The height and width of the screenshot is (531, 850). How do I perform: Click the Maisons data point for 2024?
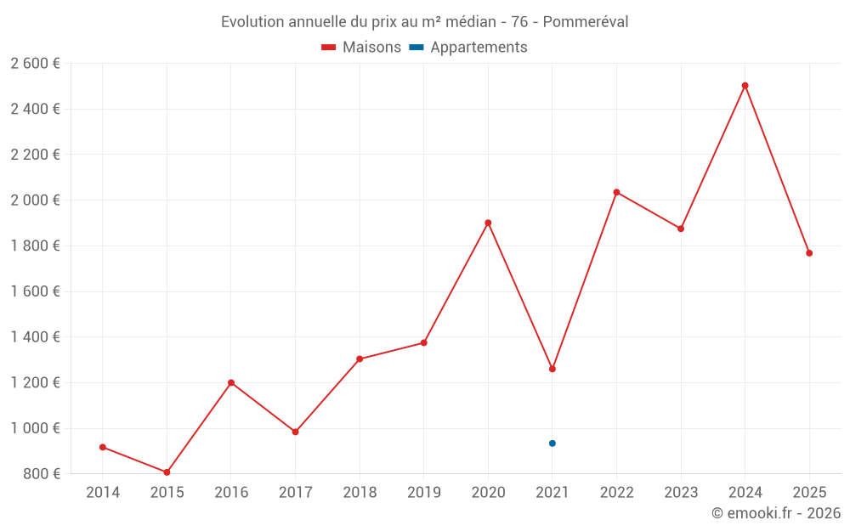tap(745, 86)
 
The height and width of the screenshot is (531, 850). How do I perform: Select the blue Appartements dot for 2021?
tap(552, 443)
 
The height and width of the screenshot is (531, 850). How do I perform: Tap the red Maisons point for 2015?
tap(167, 472)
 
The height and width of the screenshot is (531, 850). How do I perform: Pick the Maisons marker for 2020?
tap(488, 223)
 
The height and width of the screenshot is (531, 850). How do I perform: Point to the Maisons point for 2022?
tap(616, 192)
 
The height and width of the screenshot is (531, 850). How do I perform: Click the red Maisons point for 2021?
tap(552, 369)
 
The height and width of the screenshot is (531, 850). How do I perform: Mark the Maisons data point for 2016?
tap(231, 382)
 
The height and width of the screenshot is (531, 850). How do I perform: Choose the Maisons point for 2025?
tap(809, 253)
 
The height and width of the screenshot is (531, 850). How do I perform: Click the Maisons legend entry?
tap(361, 48)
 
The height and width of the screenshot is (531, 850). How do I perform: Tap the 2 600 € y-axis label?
tap(35, 64)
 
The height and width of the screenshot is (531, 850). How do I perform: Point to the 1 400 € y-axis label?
tap(35, 337)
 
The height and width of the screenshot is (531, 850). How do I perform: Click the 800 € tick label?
tap(41, 474)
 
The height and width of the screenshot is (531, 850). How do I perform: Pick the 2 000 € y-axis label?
tap(35, 201)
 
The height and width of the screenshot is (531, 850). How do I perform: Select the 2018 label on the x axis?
tap(360, 492)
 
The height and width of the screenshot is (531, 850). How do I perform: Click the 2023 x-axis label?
tap(681, 492)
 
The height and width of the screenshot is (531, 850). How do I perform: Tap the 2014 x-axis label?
tap(103, 492)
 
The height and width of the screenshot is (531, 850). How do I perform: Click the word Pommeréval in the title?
tap(586, 22)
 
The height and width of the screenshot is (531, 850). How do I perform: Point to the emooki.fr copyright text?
tap(776, 513)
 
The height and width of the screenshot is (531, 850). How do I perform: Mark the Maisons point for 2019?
tap(424, 343)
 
